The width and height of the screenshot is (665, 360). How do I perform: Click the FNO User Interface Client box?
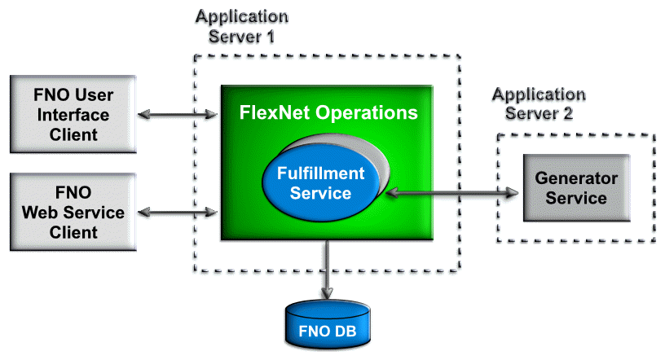coord(71,115)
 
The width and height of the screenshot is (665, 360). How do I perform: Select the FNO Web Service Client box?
coord(71,212)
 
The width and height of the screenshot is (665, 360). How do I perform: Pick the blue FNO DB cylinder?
coord(326,326)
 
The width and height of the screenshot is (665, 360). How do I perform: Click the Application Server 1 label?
coord(242,26)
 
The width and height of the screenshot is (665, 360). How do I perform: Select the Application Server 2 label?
coord(539,103)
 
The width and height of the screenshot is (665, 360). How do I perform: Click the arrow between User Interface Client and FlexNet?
coord(178,115)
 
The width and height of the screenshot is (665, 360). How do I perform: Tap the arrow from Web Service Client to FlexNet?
coord(178,213)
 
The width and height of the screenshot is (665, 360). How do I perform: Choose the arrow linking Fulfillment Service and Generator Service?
coord(452,193)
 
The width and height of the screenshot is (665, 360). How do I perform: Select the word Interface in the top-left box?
coord(71,115)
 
